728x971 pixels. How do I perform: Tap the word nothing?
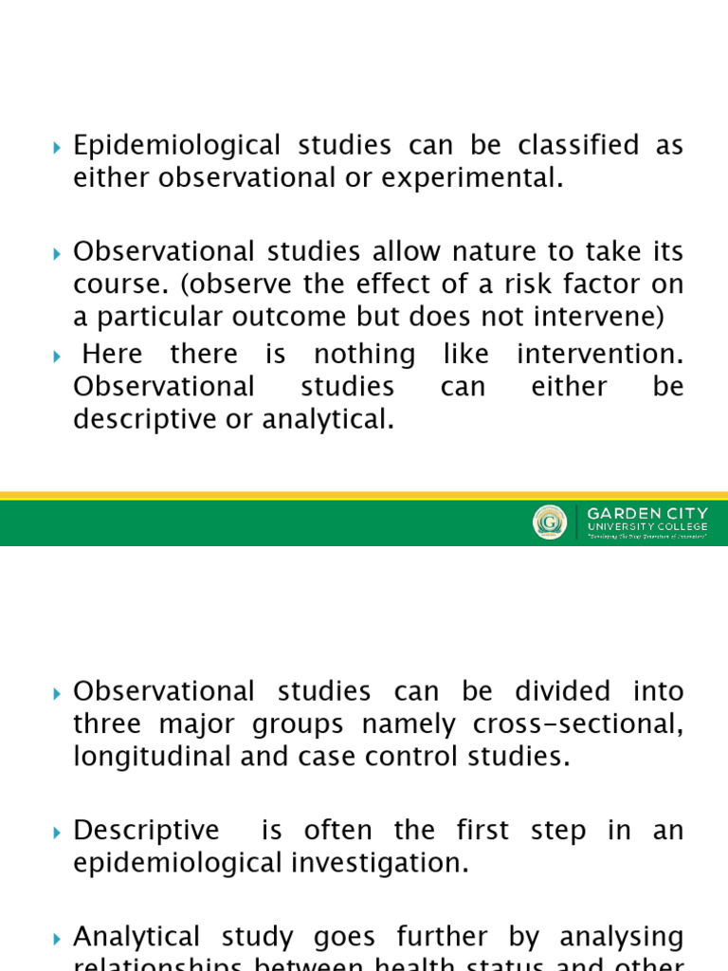pos(364,355)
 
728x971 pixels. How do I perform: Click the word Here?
pos(113,355)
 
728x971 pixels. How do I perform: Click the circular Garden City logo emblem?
pos(550,522)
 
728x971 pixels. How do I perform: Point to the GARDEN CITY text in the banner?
pos(647,513)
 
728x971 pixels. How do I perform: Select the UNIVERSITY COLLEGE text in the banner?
pos(647,526)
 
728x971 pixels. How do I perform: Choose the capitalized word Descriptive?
pos(146,831)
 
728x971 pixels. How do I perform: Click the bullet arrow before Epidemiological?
pos(57,148)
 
